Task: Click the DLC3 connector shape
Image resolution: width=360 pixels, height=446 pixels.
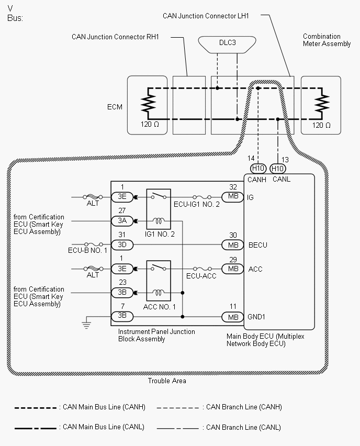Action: [227, 44]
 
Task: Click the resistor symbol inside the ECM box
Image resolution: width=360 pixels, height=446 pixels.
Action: [148, 103]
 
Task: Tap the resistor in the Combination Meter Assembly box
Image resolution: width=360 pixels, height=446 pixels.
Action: [322, 103]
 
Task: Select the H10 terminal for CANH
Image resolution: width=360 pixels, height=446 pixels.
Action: [258, 169]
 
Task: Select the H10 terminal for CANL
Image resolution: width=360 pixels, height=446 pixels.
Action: [277, 169]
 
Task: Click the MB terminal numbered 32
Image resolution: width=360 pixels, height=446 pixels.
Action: [233, 196]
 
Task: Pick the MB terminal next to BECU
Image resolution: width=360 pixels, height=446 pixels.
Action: [233, 245]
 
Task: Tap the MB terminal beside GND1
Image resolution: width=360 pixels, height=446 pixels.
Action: [233, 317]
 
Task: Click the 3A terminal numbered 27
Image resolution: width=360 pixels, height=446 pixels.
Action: [122, 221]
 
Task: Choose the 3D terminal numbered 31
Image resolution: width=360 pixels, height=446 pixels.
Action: [122, 244]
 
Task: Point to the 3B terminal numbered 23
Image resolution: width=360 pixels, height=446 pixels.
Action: [122, 293]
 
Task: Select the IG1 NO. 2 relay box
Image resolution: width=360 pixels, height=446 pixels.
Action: [159, 209]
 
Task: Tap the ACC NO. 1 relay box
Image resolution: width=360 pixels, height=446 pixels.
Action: [159, 281]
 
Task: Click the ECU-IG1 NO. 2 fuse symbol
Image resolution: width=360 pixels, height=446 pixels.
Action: [202, 197]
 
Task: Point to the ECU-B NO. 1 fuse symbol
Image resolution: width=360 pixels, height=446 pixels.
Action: [94, 244]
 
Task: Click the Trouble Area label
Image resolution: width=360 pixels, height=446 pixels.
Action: [167, 381]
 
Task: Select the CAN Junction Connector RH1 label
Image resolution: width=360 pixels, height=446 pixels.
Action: [115, 37]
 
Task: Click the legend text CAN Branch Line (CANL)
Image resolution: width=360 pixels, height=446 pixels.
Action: [243, 427]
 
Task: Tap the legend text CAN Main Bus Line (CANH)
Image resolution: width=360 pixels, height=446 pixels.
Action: [104, 407]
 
